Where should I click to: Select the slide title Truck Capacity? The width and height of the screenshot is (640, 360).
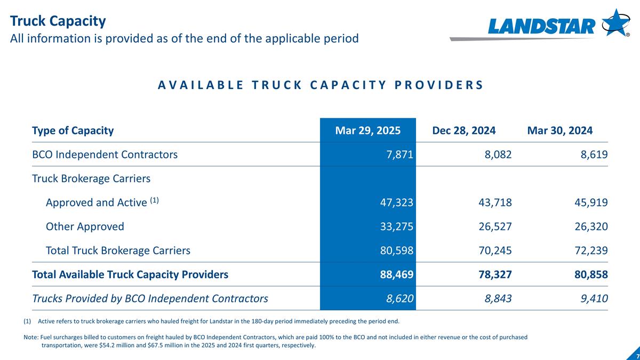click(x=58, y=21)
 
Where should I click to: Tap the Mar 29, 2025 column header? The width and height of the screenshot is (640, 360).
click(x=367, y=131)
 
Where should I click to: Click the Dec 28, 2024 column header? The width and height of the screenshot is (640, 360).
click(x=463, y=131)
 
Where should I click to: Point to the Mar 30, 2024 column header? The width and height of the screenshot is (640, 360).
click(x=559, y=131)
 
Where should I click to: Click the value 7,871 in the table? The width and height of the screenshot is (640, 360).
click(x=401, y=155)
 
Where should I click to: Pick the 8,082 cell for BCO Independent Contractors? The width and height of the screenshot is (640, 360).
click(x=497, y=155)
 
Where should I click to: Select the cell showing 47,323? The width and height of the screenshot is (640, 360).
click(x=395, y=203)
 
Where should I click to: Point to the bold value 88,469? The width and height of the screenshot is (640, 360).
click(x=395, y=275)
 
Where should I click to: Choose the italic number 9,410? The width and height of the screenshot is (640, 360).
click(x=593, y=299)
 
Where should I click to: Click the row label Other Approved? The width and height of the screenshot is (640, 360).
click(x=85, y=227)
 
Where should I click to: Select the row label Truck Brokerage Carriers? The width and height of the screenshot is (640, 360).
click(x=91, y=179)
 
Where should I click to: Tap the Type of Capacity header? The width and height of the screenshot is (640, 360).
click(x=73, y=131)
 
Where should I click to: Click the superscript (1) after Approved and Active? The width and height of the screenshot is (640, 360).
click(x=154, y=201)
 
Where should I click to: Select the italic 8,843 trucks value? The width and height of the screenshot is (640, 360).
click(x=497, y=299)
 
